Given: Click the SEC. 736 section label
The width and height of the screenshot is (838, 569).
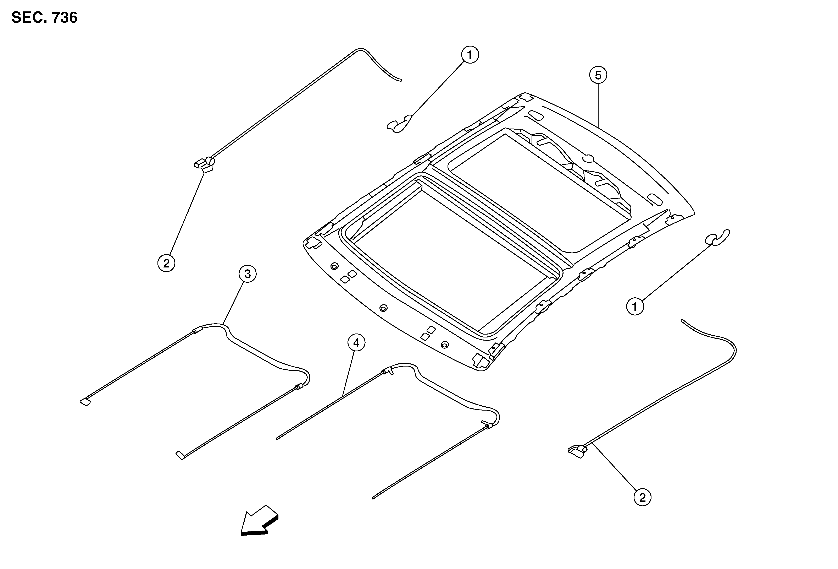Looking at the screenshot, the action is [44, 17].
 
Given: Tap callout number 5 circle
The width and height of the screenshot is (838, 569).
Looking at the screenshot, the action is [598, 75].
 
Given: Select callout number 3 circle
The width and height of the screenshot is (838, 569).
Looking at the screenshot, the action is [247, 274].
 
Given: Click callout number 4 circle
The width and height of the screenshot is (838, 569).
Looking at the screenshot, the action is [356, 343].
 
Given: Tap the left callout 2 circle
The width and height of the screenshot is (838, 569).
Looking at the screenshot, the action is [166, 263].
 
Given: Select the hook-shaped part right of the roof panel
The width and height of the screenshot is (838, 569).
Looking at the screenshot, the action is [717, 237].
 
